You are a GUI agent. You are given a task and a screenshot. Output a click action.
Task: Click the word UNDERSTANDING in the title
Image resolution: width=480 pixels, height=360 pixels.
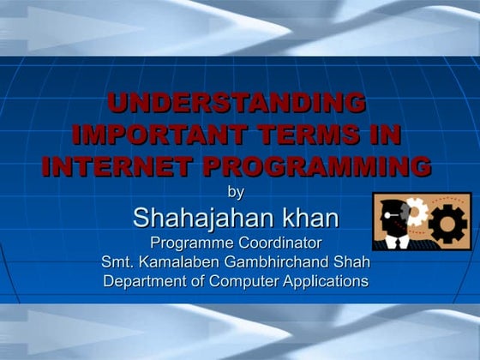pos(236,104)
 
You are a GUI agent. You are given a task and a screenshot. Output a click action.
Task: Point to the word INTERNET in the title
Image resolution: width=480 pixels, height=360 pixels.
pos(119,165)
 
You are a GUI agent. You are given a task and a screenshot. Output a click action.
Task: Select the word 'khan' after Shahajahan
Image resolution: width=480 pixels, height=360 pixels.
pos(307,218)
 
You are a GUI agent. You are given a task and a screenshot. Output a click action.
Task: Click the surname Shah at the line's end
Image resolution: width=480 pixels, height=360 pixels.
pos(353,261)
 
